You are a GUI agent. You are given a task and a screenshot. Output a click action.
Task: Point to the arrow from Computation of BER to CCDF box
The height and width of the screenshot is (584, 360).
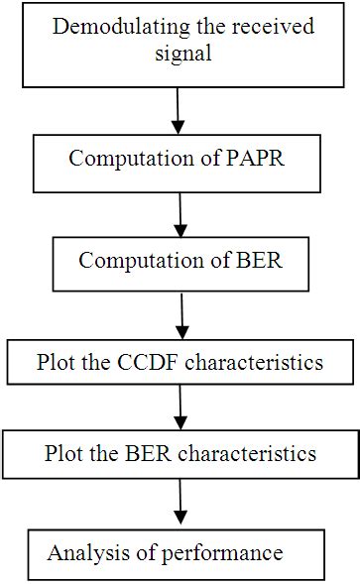(182, 315)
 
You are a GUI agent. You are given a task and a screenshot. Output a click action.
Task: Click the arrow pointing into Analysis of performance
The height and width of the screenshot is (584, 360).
(180, 504)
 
